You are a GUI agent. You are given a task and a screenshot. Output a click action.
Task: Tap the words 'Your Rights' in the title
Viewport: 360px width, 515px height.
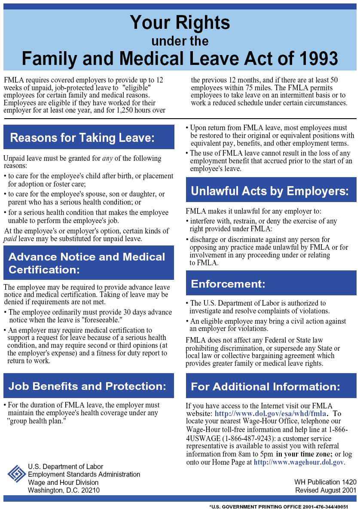coord(180,22)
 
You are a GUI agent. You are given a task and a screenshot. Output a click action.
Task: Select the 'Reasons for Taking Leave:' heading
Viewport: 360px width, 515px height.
coord(82,138)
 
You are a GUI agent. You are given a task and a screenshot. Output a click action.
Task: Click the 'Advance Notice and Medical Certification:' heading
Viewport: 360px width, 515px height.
coord(87,263)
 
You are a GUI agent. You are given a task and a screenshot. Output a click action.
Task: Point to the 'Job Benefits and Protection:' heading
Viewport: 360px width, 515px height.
coord(87,386)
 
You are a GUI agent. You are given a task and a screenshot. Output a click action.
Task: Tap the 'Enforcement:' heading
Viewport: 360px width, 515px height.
coord(228,284)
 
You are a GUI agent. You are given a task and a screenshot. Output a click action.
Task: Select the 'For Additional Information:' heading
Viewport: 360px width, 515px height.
coord(265,386)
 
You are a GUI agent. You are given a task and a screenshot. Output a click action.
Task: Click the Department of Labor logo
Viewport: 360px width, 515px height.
coord(17,474)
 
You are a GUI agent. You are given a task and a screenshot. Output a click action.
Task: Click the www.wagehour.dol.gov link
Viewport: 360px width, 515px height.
coord(299,463)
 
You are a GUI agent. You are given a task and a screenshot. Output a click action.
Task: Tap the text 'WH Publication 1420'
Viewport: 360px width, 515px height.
coord(325,482)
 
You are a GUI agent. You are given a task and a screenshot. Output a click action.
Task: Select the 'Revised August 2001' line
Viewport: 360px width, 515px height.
coord(326,490)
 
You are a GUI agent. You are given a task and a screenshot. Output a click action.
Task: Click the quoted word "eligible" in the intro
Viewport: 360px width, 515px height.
coord(136,88)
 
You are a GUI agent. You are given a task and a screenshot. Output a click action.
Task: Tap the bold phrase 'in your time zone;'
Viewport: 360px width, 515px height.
coord(304,454)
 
